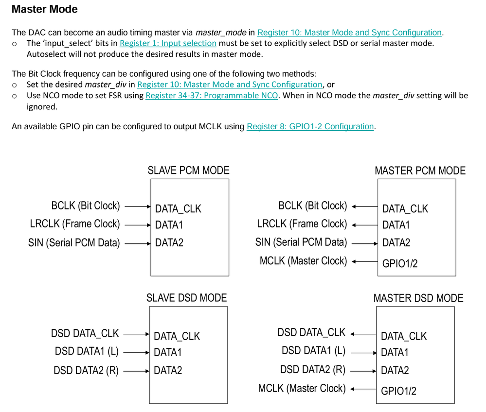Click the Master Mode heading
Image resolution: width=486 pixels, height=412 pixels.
(x=44, y=9)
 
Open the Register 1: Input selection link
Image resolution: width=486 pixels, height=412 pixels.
(x=168, y=43)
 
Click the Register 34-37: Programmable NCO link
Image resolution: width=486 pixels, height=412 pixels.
(x=212, y=95)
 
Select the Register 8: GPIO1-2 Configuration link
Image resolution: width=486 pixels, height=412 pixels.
(x=310, y=126)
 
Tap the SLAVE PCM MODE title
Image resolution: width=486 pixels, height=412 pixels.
(x=188, y=171)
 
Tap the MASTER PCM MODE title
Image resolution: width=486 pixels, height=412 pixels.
(x=420, y=171)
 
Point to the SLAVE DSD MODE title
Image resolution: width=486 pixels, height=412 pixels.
(x=186, y=297)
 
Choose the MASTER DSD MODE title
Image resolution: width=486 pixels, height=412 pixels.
(x=418, y=298)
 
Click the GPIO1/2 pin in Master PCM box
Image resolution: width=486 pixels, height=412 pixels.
(x=399, y=263)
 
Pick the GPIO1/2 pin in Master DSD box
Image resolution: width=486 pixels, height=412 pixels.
(x=398, y=390)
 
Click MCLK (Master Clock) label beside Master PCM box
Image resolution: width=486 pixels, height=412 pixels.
(x=303, y=261)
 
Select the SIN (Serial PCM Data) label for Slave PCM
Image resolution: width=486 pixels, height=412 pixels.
(x=74, y=242)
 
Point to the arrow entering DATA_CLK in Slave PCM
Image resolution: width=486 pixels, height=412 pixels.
(x=138, y=206)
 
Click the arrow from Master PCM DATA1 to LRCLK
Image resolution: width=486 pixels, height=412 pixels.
(x=364, y=224)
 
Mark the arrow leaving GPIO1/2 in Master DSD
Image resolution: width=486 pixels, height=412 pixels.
(x=363, y=389)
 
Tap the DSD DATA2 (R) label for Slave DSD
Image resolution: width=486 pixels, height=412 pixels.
(x=86, y=371)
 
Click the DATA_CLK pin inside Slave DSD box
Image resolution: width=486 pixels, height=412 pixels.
(x=177, y=336)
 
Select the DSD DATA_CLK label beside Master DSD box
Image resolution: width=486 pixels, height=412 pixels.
(x=311, y=333)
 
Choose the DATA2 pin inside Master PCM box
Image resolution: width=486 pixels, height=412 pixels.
(x=396, y=242)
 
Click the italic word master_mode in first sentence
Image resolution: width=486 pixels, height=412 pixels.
(x=220, y=33)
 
